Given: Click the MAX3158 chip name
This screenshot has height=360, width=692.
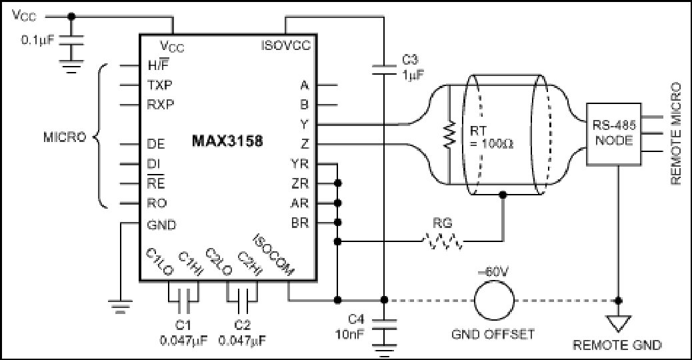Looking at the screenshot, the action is [227, 141].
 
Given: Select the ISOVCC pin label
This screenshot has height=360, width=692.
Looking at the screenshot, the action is [285, 45].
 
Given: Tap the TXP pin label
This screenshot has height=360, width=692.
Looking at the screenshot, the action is [160, 85].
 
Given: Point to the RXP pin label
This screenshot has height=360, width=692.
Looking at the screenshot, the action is [161, 105].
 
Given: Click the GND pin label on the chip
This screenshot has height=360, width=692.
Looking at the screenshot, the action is [161, 225].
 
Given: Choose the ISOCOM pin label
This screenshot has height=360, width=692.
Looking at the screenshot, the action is [273, 255].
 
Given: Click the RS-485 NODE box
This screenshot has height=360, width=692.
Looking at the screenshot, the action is [613, 134].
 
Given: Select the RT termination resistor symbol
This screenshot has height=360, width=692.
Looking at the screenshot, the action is [449, 135].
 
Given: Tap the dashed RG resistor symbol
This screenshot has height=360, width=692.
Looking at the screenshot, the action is [443, 241].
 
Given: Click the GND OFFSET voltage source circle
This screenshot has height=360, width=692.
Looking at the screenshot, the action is [494, 301].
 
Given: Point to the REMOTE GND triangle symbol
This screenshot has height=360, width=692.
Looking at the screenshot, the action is [618, 323].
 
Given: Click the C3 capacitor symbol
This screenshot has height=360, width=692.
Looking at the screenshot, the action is [384, 69].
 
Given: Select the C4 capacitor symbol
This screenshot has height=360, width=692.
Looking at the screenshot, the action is [384, 324].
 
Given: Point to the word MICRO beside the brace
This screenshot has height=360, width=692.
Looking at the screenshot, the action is [65, 137].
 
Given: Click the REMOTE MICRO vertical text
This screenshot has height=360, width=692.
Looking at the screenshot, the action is [676, 133].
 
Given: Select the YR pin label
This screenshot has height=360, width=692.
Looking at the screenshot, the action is [299, 164].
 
